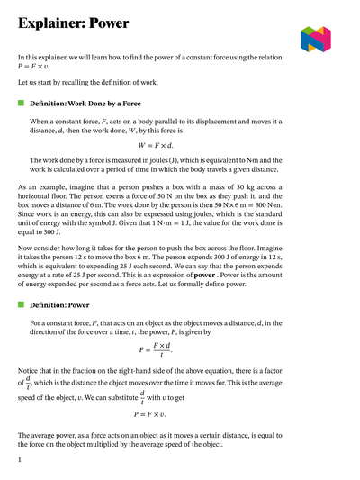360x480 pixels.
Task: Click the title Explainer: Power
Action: pos(73,23)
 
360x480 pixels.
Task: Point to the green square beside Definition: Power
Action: pos(21,305)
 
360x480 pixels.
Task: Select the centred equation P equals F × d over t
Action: pos(157,349)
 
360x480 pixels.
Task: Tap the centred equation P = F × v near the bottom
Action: pos(157,415)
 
